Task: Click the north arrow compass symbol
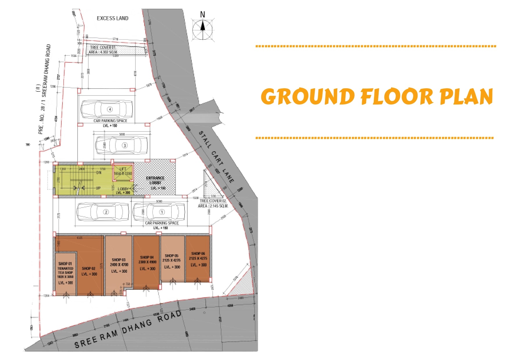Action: click(203, 29)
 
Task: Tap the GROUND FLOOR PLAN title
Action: click(377, 96)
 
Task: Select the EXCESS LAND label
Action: click(112, 18)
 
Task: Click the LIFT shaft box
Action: click(123, 173)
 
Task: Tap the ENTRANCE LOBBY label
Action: click(155, 180)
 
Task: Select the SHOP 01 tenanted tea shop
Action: click(65, 273)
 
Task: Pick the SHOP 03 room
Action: click(119, 265)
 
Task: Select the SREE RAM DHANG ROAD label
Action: click(128, 330)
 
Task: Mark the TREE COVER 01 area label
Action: click(103, 50)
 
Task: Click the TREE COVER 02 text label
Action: click(213, 201)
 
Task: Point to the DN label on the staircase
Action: click(99, 172)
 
